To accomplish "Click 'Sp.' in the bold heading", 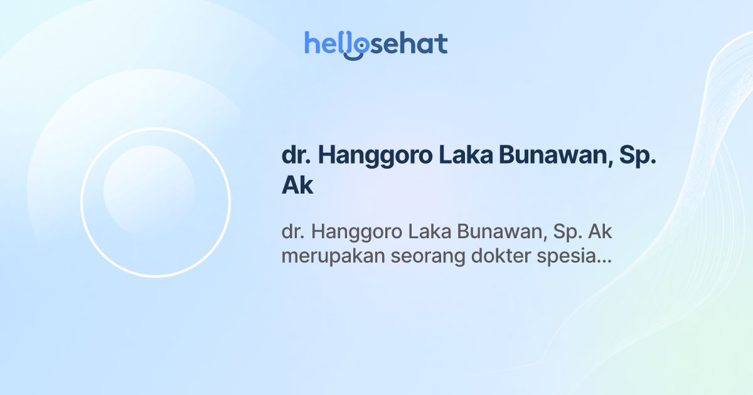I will pos(638,156).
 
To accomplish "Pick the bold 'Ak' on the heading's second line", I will pos(297,186).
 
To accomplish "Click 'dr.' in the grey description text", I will pos(292,233).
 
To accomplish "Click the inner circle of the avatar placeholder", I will pos(149,191).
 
